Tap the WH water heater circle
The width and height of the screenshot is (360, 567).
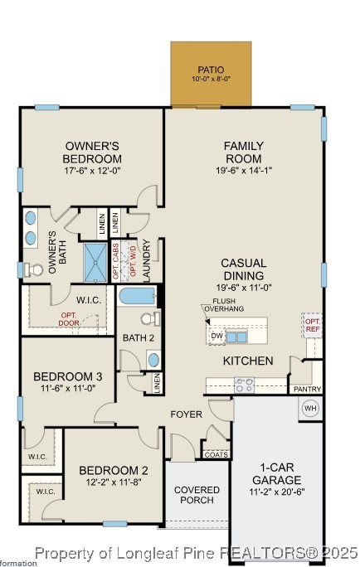(310, 409)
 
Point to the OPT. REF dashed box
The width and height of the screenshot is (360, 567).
(313, 325)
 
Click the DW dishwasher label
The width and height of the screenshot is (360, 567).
(216, 336)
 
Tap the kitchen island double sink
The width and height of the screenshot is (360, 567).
(236, 337)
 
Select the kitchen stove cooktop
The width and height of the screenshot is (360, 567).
(244, 385)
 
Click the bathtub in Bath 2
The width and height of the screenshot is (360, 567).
(138, 296)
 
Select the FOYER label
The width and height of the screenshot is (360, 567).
(187, 414)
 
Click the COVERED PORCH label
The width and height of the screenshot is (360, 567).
(197, 495)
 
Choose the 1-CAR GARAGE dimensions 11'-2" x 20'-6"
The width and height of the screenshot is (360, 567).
(277, 492)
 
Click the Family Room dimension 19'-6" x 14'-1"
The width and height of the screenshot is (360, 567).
(243, 172)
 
